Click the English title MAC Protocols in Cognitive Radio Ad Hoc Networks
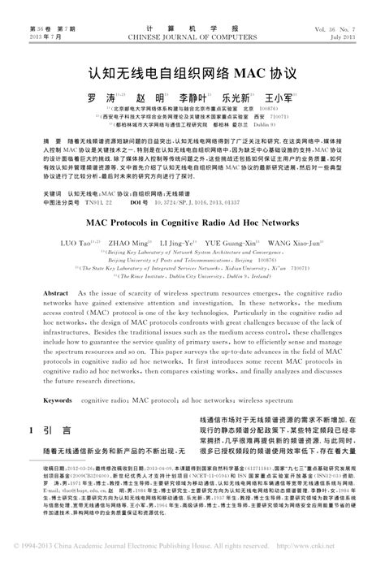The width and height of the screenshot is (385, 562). [x=192, y=221]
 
